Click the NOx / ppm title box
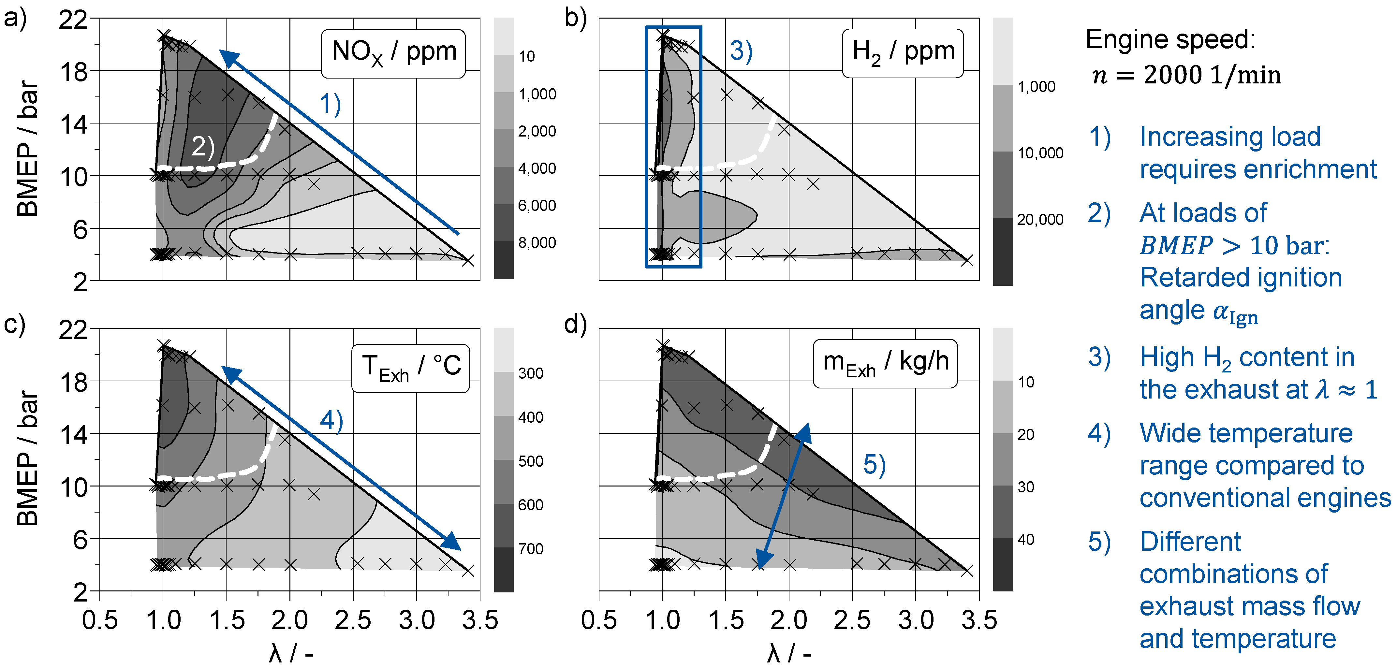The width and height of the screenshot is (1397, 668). point(393,52)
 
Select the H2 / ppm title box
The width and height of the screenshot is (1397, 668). point(903,52)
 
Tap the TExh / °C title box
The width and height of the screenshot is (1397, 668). point(411,367)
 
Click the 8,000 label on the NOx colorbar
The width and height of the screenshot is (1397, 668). point(537,242)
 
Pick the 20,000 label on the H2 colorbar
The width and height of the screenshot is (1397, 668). point(1040,220)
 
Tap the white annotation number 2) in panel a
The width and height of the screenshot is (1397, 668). point(203,146)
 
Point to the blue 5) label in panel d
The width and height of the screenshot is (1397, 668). point(874,465)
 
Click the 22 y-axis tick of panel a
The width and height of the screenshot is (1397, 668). point(73,20)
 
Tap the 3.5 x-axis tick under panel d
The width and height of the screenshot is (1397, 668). point(979,620)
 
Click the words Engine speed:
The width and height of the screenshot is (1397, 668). point(1170,39)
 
